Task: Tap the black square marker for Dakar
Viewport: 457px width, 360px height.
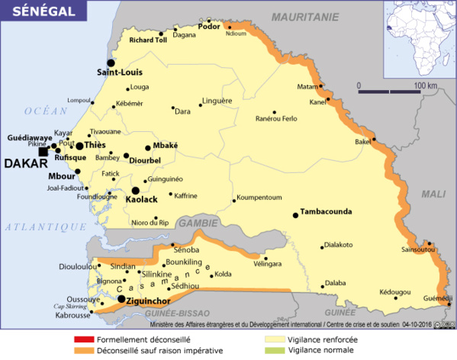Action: click(x=43, y=152)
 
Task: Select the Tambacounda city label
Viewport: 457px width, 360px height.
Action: click(x=329, y=211)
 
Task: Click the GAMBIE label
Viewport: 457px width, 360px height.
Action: click(x=197, y=223)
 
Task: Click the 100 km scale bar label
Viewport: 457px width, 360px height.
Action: click(x=425, y=85)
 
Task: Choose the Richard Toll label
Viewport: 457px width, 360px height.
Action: click(x=148, y=40)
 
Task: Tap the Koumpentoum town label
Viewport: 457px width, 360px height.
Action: click(x=259, y=198)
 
